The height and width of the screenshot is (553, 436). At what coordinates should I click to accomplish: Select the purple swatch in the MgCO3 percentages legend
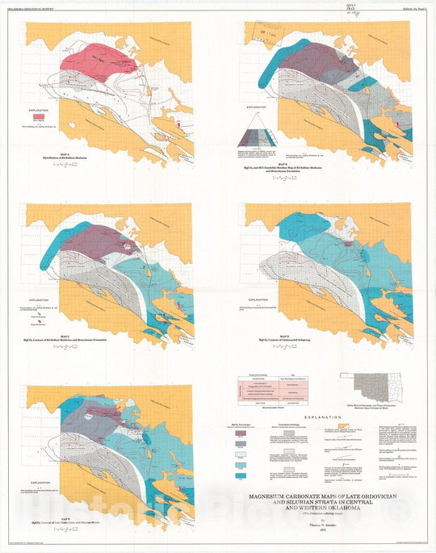point(240,444)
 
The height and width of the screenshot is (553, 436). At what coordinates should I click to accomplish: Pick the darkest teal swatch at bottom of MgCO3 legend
point(240,480)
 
